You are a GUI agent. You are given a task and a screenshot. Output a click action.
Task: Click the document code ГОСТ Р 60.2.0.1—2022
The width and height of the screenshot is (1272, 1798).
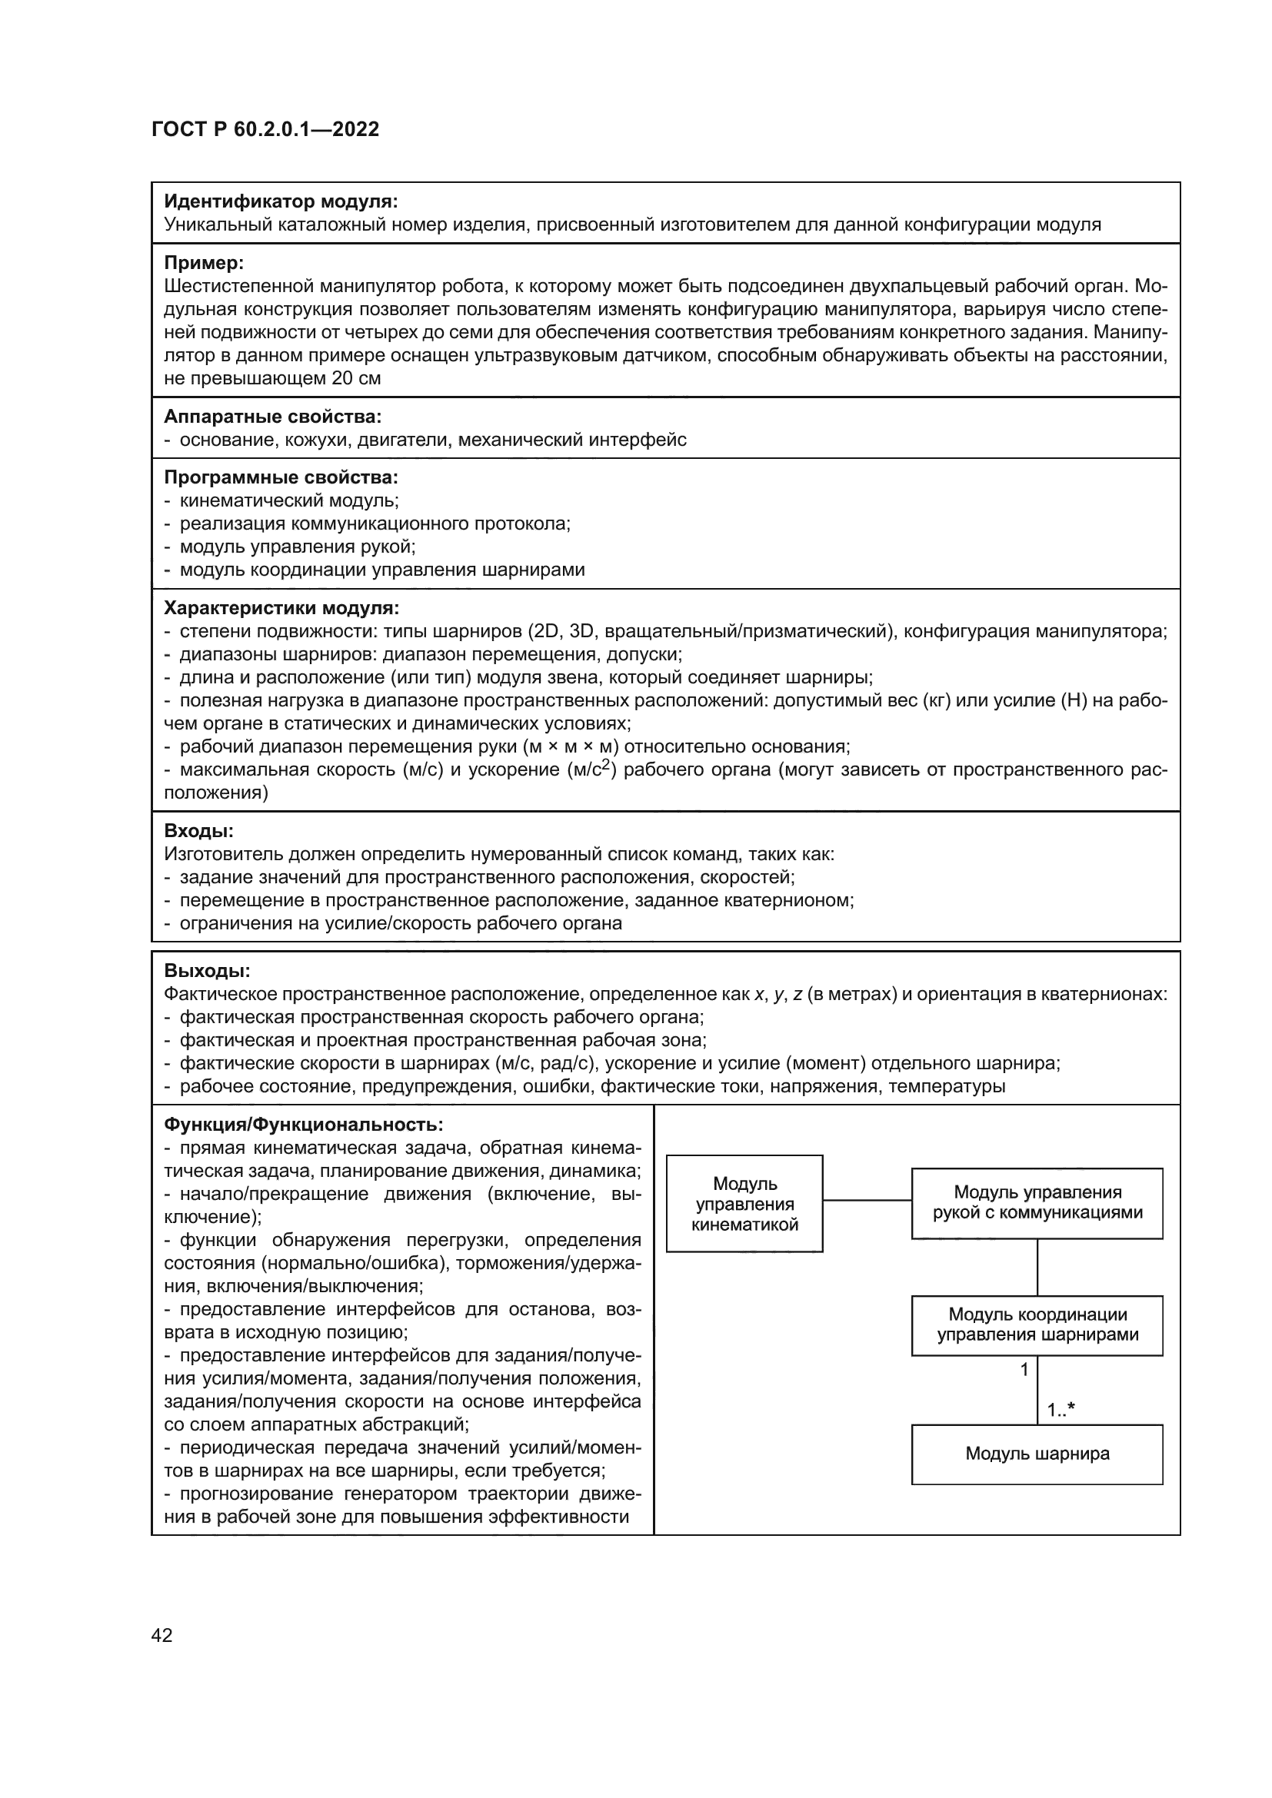tap(265, 129)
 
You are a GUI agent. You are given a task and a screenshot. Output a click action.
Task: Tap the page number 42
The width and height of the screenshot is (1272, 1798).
tap(161, 1635)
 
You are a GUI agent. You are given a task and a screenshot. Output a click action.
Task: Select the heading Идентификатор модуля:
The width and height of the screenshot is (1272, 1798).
tap(281, 202)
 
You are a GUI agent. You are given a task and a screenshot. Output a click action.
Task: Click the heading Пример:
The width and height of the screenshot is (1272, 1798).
tap(204, 263)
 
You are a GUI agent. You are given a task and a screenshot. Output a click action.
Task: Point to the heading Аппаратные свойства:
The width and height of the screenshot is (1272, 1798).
tap(272, 417)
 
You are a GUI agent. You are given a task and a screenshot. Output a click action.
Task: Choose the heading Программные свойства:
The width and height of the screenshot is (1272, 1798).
tap(281, 477)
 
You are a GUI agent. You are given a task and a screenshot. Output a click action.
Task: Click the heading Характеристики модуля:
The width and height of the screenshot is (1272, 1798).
tap(281, 609)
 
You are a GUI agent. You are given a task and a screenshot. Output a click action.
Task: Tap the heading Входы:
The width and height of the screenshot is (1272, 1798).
tap(198, 831)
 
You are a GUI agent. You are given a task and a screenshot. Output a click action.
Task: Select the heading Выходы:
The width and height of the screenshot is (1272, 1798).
tap(207, 971)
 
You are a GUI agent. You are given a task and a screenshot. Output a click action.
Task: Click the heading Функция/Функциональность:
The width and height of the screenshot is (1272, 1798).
tap(303, 1125)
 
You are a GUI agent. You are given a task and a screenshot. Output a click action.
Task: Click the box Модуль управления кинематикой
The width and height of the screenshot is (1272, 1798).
tap(744, 1205)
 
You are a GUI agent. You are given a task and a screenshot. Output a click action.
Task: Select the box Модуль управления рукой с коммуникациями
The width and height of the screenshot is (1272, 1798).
tap(1036, 1203)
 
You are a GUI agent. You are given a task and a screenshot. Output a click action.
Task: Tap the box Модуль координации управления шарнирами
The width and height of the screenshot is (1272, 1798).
tap(1036, 1325)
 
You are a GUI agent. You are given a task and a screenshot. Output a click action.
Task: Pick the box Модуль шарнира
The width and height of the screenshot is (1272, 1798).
tap(1036, 1454)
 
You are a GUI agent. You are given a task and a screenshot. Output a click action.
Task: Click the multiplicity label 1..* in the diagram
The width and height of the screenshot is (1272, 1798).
tap(1061, 1411)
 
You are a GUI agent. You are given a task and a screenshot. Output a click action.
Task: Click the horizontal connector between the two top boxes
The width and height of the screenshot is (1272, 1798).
tap(866, 1201)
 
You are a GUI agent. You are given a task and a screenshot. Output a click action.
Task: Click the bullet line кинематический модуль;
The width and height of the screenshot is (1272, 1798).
tap(288, 500)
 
